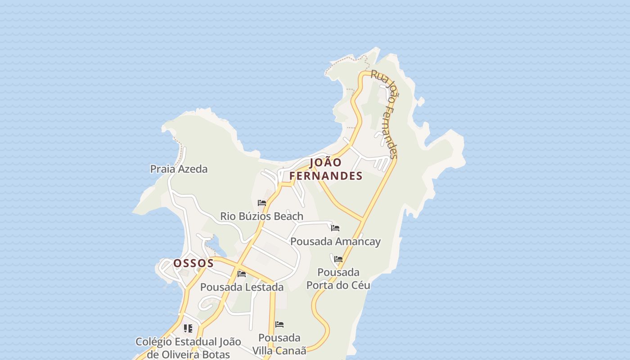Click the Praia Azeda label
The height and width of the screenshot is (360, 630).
179,169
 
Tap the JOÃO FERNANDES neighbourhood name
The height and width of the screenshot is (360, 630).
326,169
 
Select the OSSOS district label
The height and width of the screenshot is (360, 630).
193,263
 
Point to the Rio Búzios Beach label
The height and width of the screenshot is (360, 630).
261,216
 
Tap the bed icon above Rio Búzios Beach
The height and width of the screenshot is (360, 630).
262,203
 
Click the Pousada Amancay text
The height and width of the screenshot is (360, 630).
335,241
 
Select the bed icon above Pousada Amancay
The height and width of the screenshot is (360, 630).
335,228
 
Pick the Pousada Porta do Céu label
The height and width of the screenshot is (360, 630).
338,279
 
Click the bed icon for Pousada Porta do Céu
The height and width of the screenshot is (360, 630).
338,259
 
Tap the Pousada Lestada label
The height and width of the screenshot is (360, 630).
242,287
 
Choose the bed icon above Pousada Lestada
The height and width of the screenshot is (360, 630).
242,274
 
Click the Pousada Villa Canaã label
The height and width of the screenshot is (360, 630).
279,344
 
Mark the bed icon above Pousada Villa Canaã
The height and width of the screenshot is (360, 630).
279,324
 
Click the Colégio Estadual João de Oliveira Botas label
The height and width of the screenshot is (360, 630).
188,348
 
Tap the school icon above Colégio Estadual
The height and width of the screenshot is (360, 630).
188,328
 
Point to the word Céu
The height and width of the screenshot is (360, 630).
359,285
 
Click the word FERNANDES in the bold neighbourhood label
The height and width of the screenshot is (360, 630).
326,176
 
